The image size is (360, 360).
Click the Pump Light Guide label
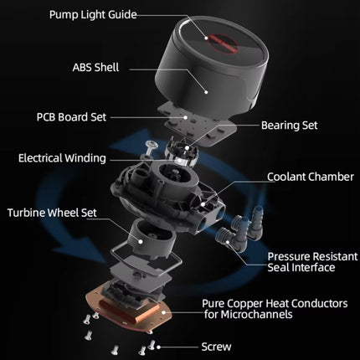pyautogui.click(x=93, y=14)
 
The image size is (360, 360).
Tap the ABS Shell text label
pyautogui.click(x=95, y=67)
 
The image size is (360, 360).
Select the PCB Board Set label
pyautogui.click(x=71, y=117)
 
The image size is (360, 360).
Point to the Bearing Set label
pyautogui.click(x=290, y=126)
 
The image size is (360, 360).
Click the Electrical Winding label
pyautogui.click(x=62, y=158)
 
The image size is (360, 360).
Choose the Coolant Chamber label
pyautogui.click(x=311, y=177)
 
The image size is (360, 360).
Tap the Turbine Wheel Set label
pyautogui.click(x=52, y=213)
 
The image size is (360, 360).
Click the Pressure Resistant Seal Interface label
pyautogui.click(x=312, y=262)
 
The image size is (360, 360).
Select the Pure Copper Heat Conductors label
pyautogui.click(x=275, y=309)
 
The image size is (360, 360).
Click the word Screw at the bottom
pyautogui.click(x=216, y=347)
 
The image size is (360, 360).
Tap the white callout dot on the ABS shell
pyautogui.click(x=206, y=91)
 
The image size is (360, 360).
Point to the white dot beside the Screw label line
pyautogui.click(x=158, y=347)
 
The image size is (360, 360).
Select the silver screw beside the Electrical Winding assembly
pyautogui.click(x=151, y=147)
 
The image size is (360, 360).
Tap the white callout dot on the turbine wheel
pyautogui.click(x=141, y=242)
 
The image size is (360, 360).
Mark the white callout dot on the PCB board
pyautogui.click(x=185, y=117)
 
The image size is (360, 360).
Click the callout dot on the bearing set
pyautogui.click(x=187, y=148)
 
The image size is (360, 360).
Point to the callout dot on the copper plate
pyautogui.click(x=163, y=312)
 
